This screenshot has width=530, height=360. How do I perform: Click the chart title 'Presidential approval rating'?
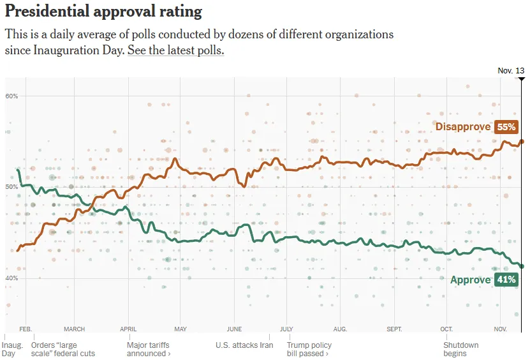103,11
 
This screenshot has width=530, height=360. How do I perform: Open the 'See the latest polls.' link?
175,50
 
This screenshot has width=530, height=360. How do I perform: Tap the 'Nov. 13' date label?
511,71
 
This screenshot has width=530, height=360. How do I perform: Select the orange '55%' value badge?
506,127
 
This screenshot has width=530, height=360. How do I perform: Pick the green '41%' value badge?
506,280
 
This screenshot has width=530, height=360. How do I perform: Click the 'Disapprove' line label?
463,127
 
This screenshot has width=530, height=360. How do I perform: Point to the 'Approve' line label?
470,280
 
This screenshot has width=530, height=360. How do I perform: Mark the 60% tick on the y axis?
11,96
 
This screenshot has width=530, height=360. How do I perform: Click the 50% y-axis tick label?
11,187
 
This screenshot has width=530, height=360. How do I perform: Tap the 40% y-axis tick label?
11,278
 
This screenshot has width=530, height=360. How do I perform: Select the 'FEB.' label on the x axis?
26,329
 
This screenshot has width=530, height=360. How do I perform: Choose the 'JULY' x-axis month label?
286,329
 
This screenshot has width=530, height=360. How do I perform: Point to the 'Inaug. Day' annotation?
13,349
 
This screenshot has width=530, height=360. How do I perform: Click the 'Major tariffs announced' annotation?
149,349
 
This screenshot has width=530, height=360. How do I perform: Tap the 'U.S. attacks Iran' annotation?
244,345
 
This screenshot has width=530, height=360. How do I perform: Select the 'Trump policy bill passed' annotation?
309,349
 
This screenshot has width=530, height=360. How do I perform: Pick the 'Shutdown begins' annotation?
460,349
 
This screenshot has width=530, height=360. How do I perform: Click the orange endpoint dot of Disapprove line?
522,142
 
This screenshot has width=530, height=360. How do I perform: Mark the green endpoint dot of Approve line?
522,266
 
